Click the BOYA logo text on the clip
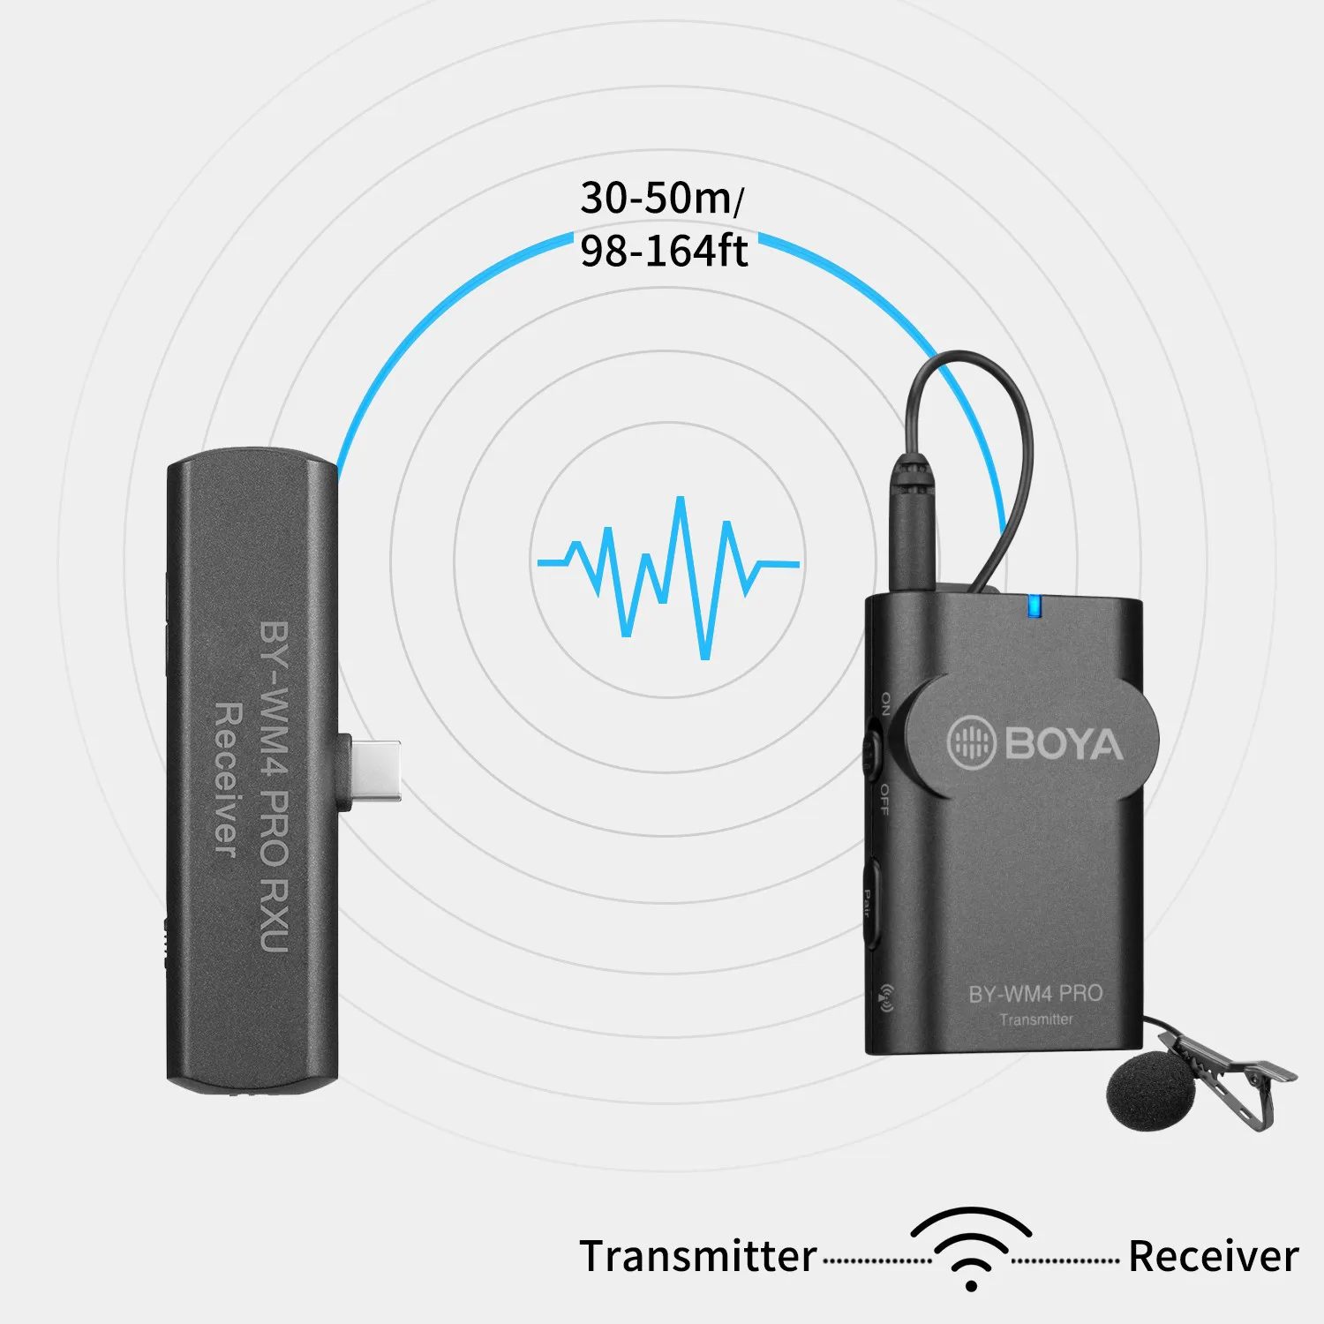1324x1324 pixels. coord(1063,743)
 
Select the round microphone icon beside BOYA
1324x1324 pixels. coord(972,742)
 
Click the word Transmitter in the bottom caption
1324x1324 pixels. coord(697,1256)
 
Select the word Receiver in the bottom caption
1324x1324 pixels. coord(1214,1256)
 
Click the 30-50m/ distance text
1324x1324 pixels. coord(661,198)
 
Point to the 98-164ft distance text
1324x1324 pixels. coord(664,251)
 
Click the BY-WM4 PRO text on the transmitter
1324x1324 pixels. coord(1035,994)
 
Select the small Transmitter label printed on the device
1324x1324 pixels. coord(1036,1019)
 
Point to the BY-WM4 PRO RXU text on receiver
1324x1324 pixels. coord(275,786)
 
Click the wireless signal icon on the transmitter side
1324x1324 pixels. coord(885,997)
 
